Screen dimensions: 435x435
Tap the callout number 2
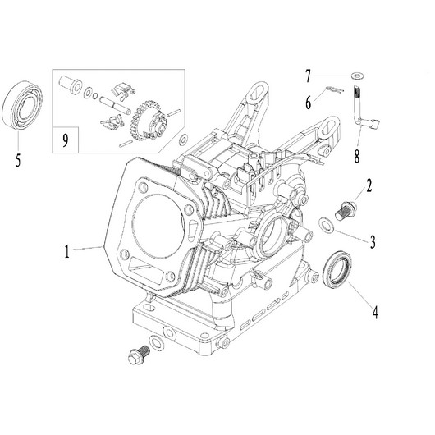click(x=370, y=186)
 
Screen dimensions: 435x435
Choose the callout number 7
click(x=309, y=77)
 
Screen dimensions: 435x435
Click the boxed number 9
click(x=66, y=139)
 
